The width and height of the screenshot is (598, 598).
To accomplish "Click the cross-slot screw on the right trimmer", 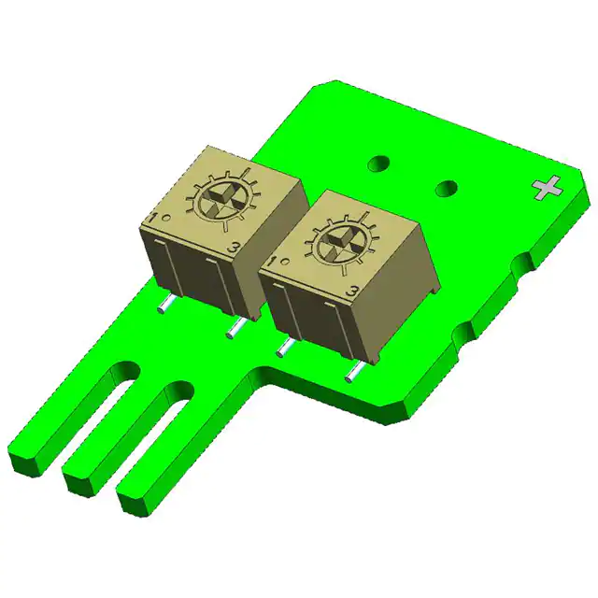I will click(x=336, y=245).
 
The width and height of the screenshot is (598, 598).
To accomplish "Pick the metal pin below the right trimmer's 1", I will click(x=283, y=348).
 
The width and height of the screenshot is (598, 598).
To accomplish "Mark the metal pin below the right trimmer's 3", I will click(x=355, y=372).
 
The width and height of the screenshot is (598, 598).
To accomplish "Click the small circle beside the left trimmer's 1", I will click(x=164, y=218).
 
